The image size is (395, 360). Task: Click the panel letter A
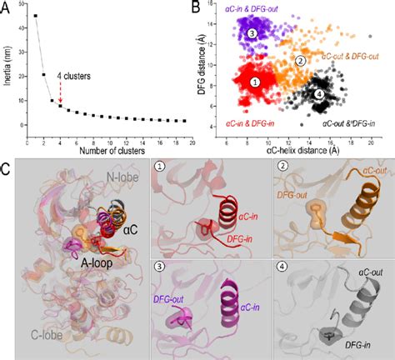[x=7, y=7]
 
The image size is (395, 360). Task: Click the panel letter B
[x=198, y=7]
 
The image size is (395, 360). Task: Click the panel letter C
[x=7, y=170]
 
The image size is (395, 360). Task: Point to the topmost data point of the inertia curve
[x=35, y=16]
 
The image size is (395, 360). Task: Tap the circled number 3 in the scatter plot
[x=252, y=32]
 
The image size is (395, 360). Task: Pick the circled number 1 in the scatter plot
[x=256, y=82]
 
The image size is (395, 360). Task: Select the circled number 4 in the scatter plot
[x=320, y=94]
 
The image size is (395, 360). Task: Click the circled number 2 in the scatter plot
[x=301, y=60]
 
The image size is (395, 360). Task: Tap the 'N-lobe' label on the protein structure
[x=99, y=177]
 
